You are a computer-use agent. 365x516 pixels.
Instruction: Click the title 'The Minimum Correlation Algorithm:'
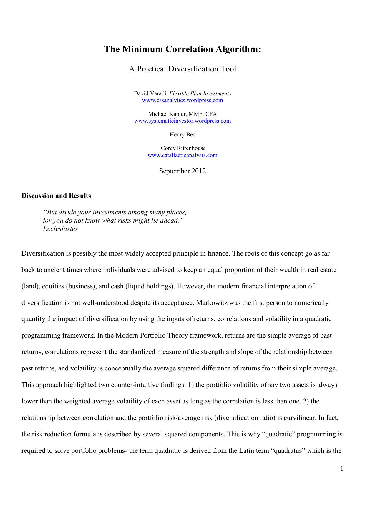coord(182,49)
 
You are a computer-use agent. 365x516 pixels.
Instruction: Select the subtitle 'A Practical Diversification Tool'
coord(182,69)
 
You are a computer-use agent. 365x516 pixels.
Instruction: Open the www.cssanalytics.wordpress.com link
coord(182,100)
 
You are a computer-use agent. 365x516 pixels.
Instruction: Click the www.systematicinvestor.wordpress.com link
coord(182,121)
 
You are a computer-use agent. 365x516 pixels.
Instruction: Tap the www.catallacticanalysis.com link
coord(182,155)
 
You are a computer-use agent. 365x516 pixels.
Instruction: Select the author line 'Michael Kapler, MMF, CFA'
coord(182,114)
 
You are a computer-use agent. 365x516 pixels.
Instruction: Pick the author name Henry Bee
coord(182,135)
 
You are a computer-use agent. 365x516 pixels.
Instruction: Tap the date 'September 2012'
coord(182,171)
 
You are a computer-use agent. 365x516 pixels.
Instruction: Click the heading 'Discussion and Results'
coord(56,196)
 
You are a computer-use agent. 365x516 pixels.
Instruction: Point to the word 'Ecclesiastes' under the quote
coord(60,229)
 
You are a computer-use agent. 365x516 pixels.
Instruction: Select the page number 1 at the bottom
coord(342,469)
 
